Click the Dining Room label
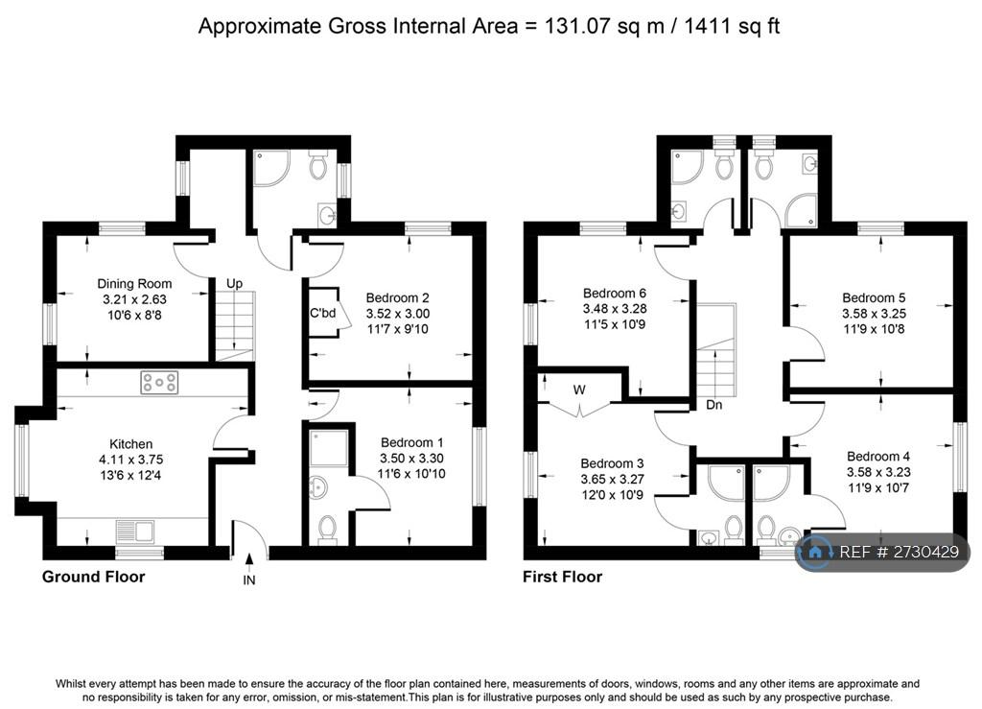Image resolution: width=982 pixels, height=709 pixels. pos(134,284)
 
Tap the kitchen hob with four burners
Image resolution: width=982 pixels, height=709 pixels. pos(159,382)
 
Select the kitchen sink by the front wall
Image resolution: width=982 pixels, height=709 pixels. pos(135,532)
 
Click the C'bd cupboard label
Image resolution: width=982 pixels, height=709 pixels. pos(322,313)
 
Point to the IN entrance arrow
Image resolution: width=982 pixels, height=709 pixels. pos(249,559)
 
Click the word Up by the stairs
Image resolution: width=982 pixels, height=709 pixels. pos(234,283)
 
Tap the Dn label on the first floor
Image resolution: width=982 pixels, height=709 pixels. pos(713,405)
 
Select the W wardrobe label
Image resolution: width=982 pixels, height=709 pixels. pos(579,390)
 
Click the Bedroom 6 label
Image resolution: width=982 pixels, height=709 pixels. pos(615,294)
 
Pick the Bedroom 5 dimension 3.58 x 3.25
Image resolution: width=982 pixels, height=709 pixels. pos(874,313)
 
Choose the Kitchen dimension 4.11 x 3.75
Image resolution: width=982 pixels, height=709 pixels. pos(130,460)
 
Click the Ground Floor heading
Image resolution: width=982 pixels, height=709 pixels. pos(93,577)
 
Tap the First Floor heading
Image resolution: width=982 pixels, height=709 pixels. pos(562,577)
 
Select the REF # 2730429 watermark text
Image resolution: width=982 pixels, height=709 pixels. pos(899,552)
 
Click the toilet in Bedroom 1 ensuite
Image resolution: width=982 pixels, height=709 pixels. pos(327,530)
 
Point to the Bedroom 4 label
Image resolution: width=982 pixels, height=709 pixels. pos(878,457)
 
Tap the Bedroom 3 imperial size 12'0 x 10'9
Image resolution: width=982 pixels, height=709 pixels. pos(612,495)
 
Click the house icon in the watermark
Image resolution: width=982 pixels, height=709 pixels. pos(815,552)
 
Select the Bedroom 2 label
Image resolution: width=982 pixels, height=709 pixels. pos(397,297)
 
